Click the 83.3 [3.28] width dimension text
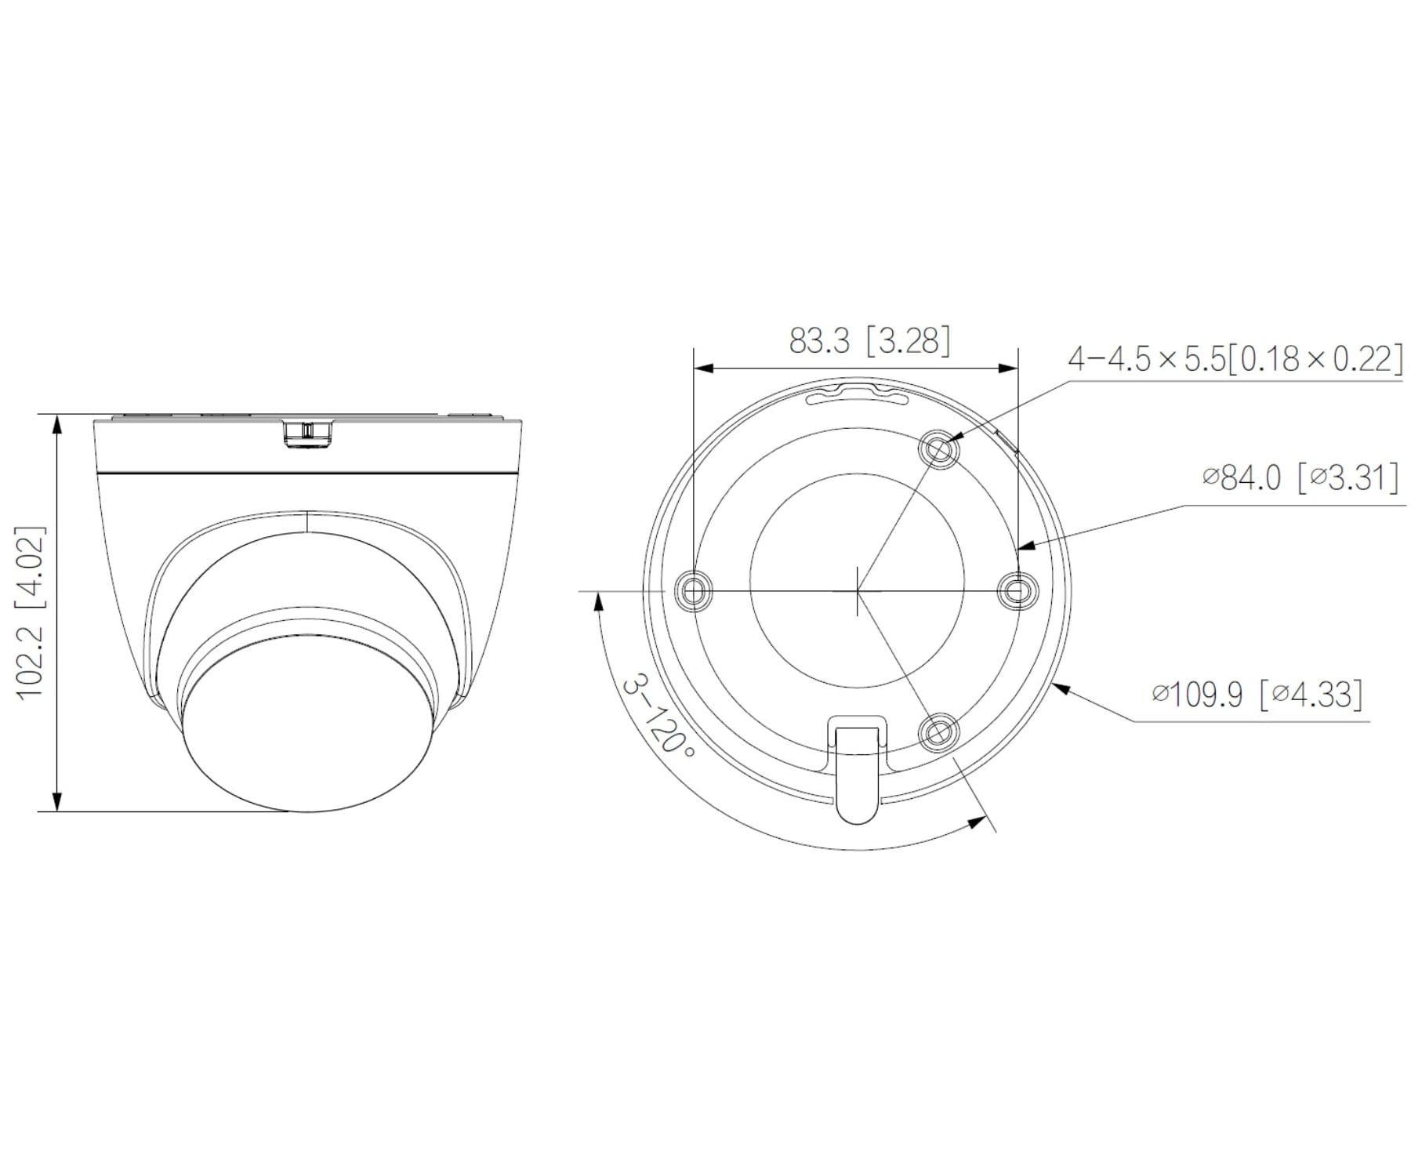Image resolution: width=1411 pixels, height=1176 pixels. coord(869,341)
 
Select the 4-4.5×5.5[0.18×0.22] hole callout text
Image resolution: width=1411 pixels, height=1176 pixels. coord(1235,359)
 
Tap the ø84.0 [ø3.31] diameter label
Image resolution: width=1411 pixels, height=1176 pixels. coord(1300,477)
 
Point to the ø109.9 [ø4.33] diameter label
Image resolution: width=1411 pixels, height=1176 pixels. coord(1257,694)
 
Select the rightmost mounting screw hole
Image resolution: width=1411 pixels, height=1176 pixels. coord(1017,590)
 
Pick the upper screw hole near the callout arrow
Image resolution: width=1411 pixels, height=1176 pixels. coord(938,449)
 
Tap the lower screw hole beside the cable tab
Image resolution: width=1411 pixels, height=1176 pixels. coord(938,732)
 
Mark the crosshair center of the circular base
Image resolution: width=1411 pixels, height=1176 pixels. coord(858,590)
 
